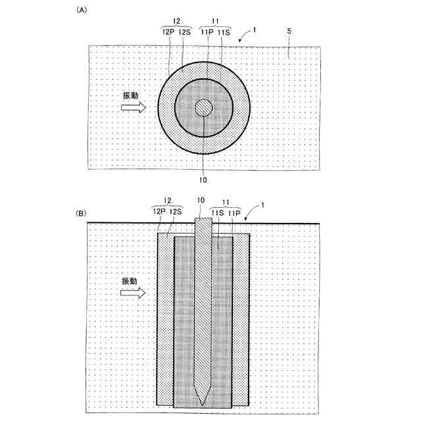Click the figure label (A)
pyautogui.click(x=82, y=11)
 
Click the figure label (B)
pyautogui.click(x=81, y=213)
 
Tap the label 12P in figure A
pyautogui.click(x=168, y=32)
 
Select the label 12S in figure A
pyautogui.click(x=184, y=32)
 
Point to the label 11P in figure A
pyautogui.click(x=207, y=32)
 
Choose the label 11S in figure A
pyautogui.click(x=224, y=32)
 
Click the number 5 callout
pyautogui.click(x=289, y=31)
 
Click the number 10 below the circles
pyautogui.click(x=203, y=180)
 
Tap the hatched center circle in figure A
pyautogui.click(x=204, y=108)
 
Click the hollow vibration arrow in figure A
pyautogui.click(x=134, y=108)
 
